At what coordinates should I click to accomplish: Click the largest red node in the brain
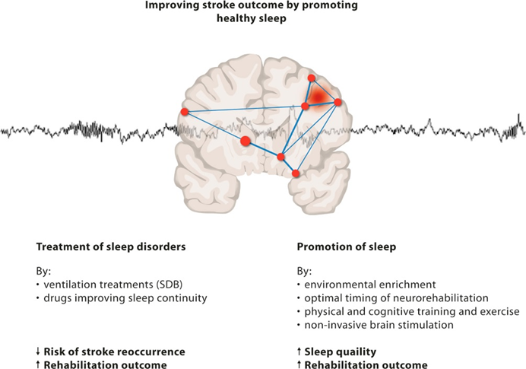[x=246, y=141]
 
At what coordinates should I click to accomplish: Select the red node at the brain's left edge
[x=185, y=113]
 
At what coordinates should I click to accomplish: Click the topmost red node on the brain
[x=311, y=78]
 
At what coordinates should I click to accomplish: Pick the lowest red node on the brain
[x=296, y=173]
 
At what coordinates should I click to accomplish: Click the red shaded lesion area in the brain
[x=319, y=95]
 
